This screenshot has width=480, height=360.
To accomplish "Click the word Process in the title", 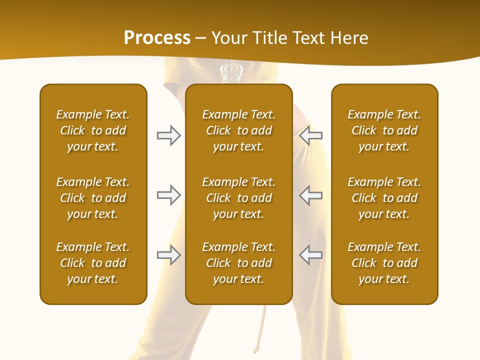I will click(157, 38).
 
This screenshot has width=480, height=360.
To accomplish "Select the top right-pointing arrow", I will click(168, 135).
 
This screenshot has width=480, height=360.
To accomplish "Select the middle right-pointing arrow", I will click(168, 195).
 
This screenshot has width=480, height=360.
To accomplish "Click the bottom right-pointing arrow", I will click(168, 255).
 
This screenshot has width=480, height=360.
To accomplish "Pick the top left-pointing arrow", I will click(311, 135).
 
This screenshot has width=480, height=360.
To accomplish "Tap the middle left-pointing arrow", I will click(311, 195).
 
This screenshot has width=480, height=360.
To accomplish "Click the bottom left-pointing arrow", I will click(311, 255).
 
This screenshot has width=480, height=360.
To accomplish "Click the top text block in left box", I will click(93, 130).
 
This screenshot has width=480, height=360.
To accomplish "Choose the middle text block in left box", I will click(93, 198).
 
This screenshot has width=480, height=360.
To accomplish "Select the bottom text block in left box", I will click(93, 263).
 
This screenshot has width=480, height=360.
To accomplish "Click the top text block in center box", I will click(238, 130).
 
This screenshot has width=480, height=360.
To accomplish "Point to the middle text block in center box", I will click(238, 198).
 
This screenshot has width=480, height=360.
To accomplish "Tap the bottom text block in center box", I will click(238, 263).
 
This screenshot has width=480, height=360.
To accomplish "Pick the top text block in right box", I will click(384, 130).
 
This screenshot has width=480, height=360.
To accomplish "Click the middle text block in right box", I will click(384, 198).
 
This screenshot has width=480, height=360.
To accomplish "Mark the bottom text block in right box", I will click(384, 263).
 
